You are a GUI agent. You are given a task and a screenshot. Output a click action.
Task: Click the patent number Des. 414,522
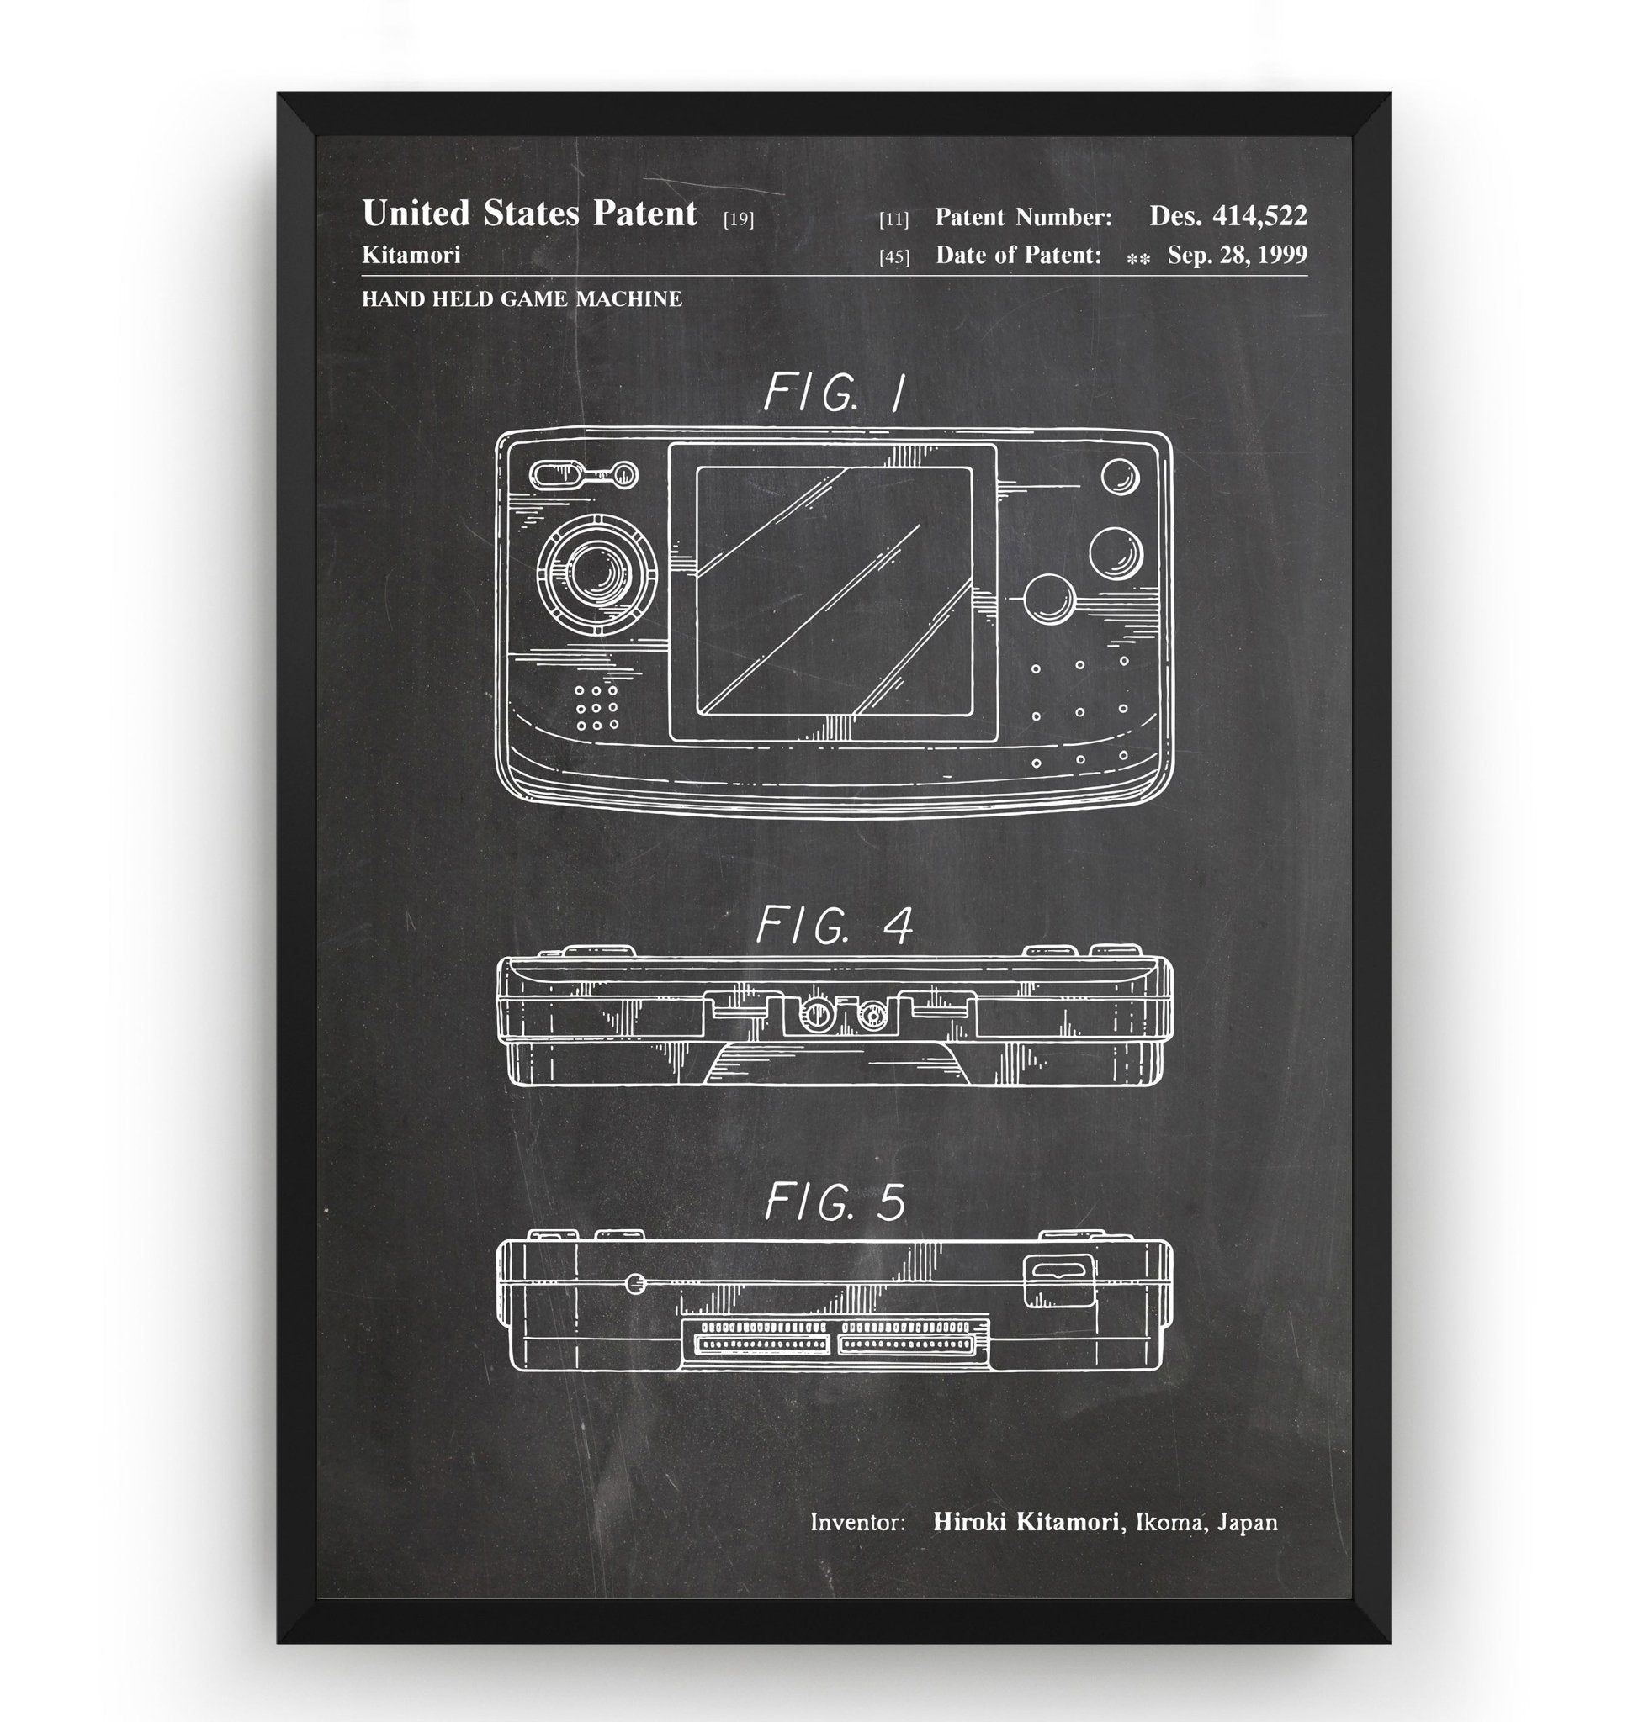tap(1227, 216)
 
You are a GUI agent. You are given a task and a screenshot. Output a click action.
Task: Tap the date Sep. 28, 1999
tap(1237, 255)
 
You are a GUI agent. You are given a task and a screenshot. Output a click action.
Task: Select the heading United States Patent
tap(529, 214)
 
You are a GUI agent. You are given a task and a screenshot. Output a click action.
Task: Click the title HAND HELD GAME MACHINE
tap(522, 299)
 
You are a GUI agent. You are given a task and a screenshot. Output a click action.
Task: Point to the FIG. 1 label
tap(834, 393)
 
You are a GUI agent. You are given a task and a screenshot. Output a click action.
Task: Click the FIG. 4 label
tap(834, 924)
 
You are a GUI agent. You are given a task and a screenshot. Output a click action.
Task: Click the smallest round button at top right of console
tap(1120, 477)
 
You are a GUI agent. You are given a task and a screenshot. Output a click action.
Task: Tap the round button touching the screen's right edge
tap(1049, 599)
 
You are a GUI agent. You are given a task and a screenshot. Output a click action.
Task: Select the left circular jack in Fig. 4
tap(814, 1012)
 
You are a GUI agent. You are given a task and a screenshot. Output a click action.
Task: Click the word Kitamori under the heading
tap(411, 255)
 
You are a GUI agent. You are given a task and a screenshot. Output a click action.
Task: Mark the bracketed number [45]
tap(894, 256)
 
